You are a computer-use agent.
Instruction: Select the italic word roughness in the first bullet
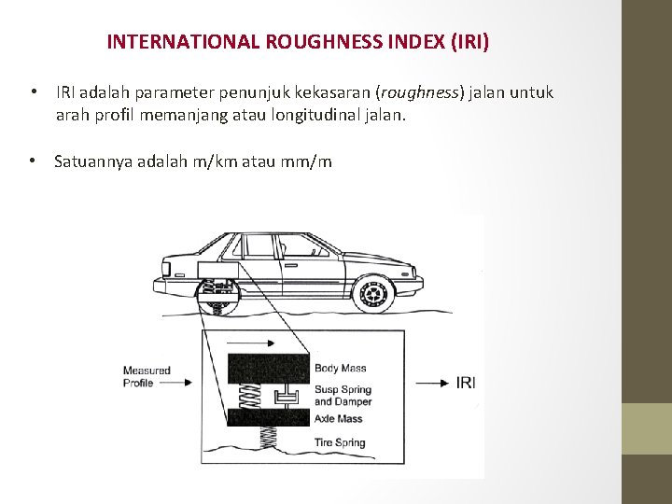click(420, 92)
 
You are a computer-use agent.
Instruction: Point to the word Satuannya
click(93, 161)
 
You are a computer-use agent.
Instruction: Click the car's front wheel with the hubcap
click(373, 293)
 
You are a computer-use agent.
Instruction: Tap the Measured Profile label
click(147, 376)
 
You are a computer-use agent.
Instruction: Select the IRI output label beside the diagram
click(466, 382)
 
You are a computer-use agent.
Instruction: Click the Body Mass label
click(340, 368)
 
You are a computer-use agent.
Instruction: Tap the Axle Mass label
click(338, 419)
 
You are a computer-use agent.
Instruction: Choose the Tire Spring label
click(340, 442)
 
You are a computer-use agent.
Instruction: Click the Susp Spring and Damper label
click(343, 395)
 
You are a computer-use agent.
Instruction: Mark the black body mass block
click(268, 368)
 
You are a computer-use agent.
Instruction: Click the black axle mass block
click(268, 416)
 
